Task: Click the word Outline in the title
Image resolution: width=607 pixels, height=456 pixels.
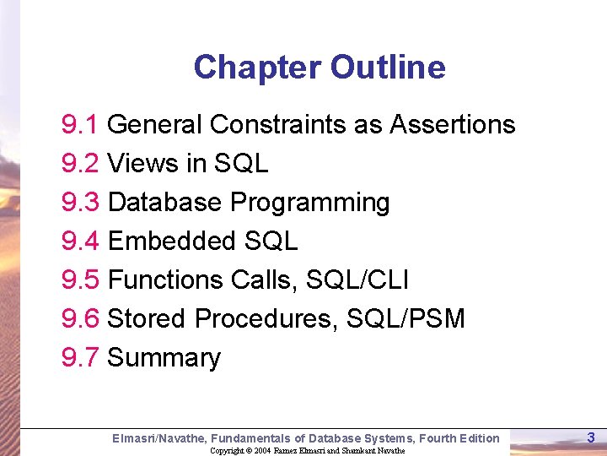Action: pos(388,67)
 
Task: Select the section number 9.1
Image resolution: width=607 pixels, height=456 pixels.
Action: pos(81,125)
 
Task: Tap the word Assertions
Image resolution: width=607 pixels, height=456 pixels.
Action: pos(452,125)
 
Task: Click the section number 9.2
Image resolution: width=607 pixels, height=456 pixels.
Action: pos(81,164)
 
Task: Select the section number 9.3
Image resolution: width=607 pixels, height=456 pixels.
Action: pos(81,203)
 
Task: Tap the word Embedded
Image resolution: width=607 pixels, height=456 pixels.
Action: pos(173,242)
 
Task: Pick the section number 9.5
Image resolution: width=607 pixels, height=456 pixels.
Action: pos(81,280)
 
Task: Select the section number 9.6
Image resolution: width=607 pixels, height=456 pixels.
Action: pos(81,319)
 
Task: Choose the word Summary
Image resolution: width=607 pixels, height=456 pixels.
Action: pos(164,358)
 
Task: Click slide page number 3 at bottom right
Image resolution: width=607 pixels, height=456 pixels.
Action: pos(590,437)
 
